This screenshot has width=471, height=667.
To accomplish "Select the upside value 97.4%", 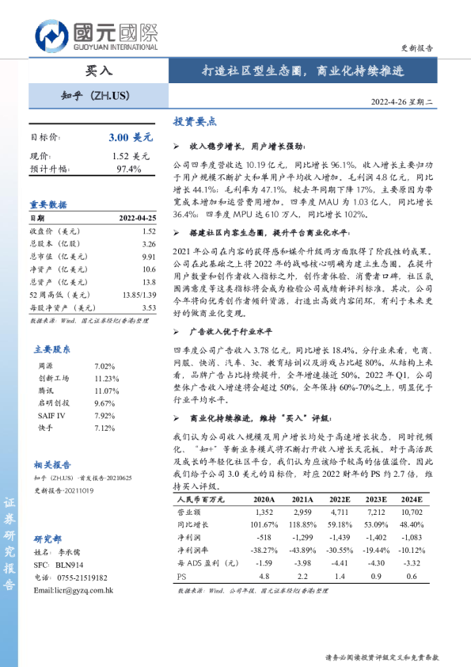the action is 129,169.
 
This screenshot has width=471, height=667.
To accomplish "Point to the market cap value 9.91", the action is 149,257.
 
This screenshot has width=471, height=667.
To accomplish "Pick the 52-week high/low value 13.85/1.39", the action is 139,295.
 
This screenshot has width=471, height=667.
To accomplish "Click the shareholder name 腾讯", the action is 47,391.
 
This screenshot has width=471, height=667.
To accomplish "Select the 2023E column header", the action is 374,500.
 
